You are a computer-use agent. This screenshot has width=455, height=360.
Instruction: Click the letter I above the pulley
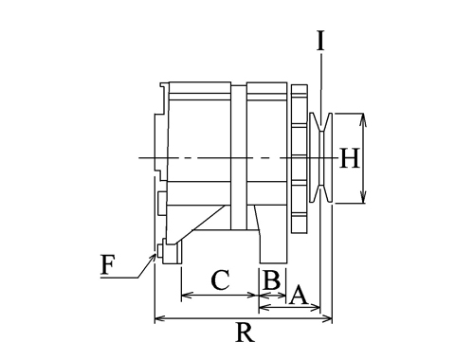320,41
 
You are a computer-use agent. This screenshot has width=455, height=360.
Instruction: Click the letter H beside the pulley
350,158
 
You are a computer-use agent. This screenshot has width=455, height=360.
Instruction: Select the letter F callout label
107,264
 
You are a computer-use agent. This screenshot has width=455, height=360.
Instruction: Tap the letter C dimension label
220,279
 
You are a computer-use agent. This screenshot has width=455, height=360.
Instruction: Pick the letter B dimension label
271,280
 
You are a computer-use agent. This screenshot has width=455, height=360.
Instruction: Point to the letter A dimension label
299,296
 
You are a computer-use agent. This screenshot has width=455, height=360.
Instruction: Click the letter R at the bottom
245,333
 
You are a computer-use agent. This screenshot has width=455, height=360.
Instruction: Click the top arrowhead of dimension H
363,118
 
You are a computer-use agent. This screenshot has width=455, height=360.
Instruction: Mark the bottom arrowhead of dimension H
363,198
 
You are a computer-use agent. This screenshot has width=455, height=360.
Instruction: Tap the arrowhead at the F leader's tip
153,257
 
